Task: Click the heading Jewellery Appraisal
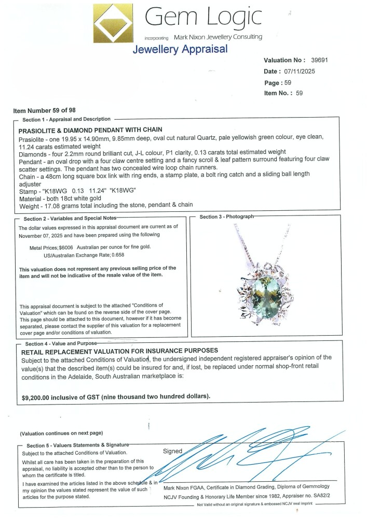tap(180, 49)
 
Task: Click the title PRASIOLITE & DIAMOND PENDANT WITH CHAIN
tap(91, 129)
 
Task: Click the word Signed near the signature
tap(173, 451)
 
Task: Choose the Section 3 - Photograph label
tap(227, 217)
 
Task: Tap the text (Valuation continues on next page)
tap(61, 433)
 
